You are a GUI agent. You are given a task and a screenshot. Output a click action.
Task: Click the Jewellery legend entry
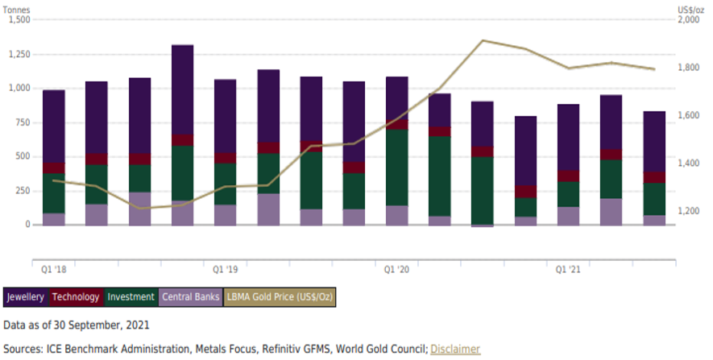pyautogui.click(x=25, y=297)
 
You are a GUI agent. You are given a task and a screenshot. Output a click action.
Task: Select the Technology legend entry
pyautogui.click(x=76, y=297)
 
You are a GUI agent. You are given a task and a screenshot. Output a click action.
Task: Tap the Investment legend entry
pyautogui.click(x=131, y=297)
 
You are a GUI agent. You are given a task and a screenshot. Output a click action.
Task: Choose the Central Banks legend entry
pyautogui.click(x=190, y=297)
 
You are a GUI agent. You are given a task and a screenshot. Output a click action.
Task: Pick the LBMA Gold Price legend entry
pyautogui.click(x=280, y=297)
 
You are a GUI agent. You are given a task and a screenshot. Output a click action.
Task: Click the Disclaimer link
pyautogui.click(x=455, y=349)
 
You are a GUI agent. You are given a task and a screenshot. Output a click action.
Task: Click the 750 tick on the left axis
pyautogui.click(x=21, y=122)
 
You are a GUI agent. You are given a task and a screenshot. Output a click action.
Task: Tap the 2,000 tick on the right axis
pyautogui.click(x=690, y=20)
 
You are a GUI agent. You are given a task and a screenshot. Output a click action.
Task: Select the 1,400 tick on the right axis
pyautogui.click(x=690, y=163)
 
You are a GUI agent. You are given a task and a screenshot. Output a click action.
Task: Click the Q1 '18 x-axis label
pyautogui.click(x=53, y=268)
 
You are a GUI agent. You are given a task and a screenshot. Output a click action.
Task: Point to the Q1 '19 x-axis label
pyautogui.click(x=225, y=268)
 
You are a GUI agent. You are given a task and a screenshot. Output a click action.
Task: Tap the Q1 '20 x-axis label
pyautogui.click(x=397, y=268)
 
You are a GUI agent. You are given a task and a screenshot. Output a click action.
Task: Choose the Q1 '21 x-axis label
pyautogui.click(x=569, y=268)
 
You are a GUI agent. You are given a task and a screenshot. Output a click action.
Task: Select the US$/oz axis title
pyautogui.click(x=690, y=7)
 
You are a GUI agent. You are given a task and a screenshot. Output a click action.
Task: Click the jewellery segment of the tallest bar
pyautogui.click(x=182, y=89)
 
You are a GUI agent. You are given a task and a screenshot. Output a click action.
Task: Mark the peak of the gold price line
pyautogui.click(x=483, y=40)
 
